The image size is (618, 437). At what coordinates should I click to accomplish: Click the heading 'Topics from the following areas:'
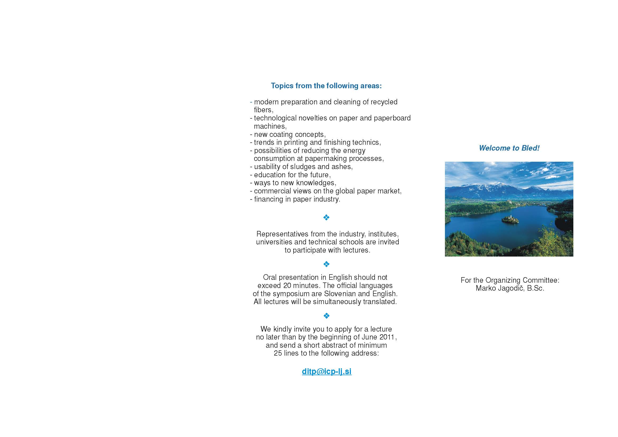(326, 86)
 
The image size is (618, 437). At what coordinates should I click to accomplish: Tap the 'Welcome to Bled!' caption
(509, 148)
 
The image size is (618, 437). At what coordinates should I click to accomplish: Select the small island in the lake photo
(510, 219)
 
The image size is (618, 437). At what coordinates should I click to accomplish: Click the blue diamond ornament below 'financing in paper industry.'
(326, 217)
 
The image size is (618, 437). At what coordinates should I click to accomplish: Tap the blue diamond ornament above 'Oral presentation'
(326, 264)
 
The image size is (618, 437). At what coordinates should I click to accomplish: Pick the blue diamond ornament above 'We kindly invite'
(326, 315)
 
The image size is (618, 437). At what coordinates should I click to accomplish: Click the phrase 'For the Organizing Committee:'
(510, 280)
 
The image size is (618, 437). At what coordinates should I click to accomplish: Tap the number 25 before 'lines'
(278, 353)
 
